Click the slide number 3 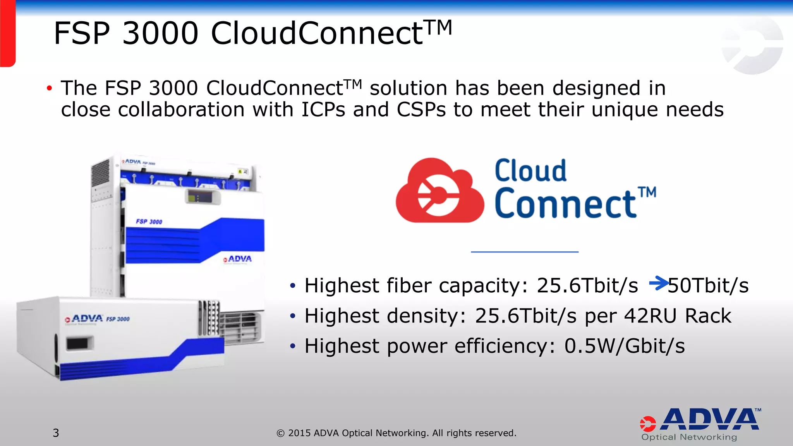point(56,433)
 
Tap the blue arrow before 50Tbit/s point(658,283)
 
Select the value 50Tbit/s point(708,286)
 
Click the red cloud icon point(439,191)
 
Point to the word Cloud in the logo point(530,171)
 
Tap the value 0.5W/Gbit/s point(624,346)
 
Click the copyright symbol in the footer point(281,433)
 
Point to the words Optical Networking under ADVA point(689,437)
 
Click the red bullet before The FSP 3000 point(49,88)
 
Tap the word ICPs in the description point(323,110)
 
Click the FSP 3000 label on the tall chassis point(149,221)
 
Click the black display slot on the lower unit point(79,343)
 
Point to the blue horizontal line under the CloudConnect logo point(525,252)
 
